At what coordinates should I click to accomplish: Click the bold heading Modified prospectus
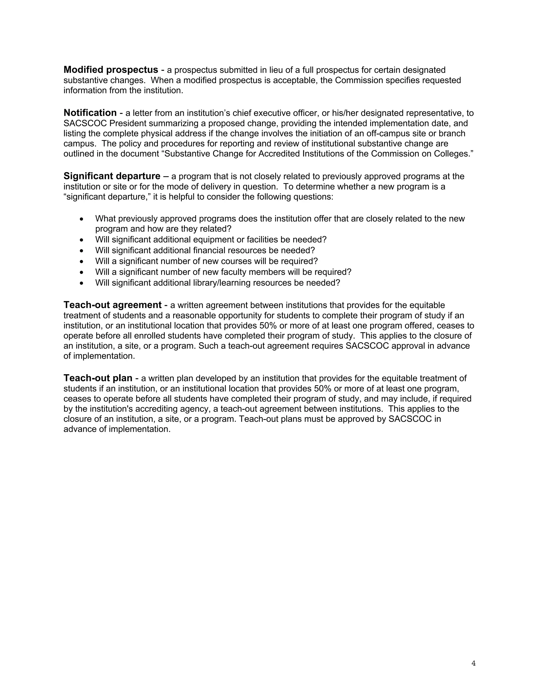[x=111, y=70]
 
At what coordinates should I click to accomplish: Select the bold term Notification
[x=90, y=113]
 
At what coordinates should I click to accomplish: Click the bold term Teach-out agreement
[x=113, y=305]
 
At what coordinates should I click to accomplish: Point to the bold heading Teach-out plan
[x=98, y=378]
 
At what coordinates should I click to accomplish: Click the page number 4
[x=474, y=663]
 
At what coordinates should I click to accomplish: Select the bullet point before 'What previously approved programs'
[x=82, y=219]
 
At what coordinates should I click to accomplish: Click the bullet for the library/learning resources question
[x=82, y=283]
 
